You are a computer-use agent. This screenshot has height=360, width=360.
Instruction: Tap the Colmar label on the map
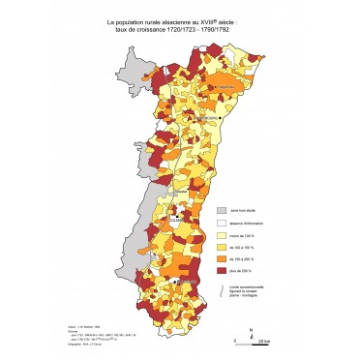pyautogui.click(x=177, y=220)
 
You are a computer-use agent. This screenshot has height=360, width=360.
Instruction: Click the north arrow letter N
pyautogui.click(x=252, y=331)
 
